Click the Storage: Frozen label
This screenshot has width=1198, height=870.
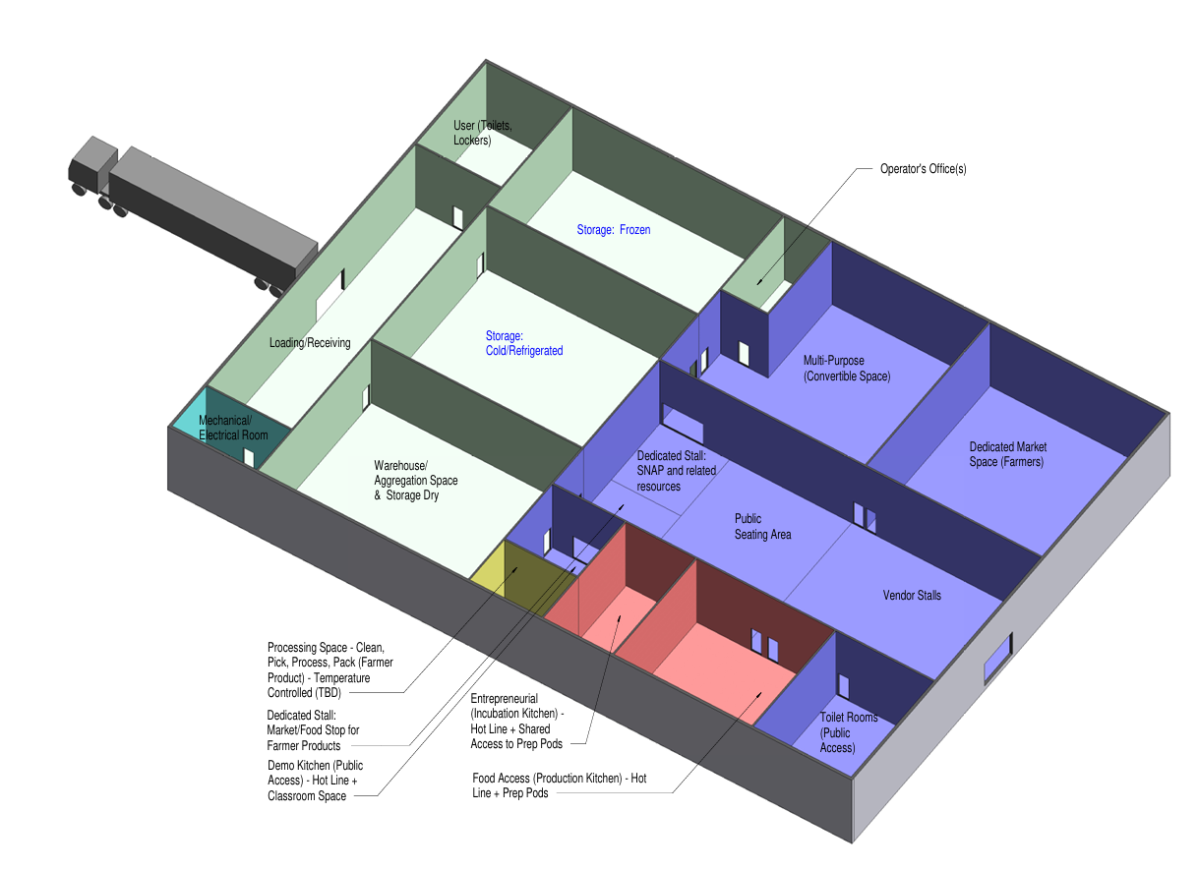(x=614, y=230)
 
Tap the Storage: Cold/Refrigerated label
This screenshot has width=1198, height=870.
(x=524, y=343)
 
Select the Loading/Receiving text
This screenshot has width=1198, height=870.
(x=310, y=342)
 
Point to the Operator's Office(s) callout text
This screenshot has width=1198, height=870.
(x=924, y=169)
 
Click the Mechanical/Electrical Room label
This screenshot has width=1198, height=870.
(x=233, y=428)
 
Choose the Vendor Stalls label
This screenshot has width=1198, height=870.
(x=912, y=596)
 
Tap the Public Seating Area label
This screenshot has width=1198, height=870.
(x=762, y=526)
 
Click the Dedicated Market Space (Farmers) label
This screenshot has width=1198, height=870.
(x=1007, y=454)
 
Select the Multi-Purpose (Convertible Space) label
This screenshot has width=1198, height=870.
(x=847, y=369)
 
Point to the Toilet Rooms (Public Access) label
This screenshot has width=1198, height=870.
(x=849, y=732)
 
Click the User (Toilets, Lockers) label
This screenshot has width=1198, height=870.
(x=482, y=133)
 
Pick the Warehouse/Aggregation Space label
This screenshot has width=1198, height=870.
(x=415, y=481)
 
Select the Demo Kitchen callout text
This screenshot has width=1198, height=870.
(x=315, y=781)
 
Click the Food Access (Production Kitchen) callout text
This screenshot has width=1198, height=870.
(x=560, y=785)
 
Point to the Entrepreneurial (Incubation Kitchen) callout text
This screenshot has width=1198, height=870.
(x=517, y=721)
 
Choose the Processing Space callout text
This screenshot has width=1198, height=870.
(x=329, y=670)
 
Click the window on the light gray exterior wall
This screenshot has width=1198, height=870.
(x=998, y=659)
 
